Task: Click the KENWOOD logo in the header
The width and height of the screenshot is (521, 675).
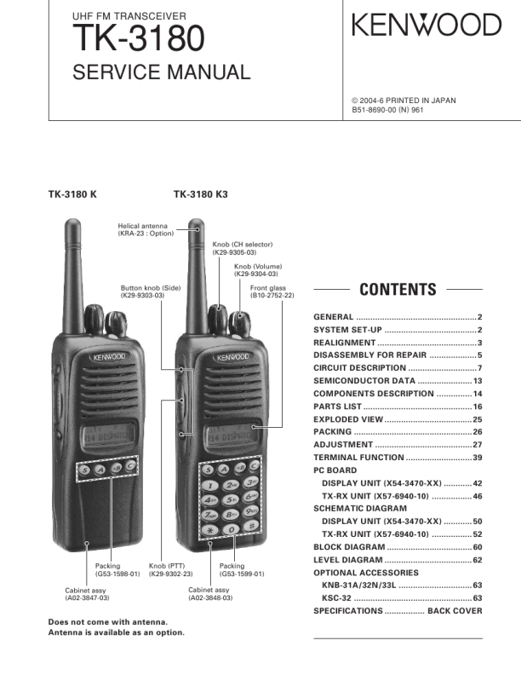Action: click(x=427, y=26)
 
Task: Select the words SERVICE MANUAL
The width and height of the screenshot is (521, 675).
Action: click(x=162, y=72)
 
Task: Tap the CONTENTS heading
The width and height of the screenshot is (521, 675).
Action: click(x=398, y=289)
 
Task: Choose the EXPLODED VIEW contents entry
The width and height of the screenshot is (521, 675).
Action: click(x=348, y=419)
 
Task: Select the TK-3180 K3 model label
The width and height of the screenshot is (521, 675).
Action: click(x=201, y=194)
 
